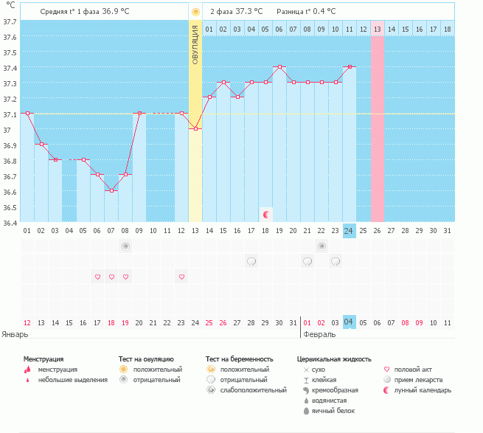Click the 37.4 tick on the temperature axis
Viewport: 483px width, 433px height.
tap(10, 68)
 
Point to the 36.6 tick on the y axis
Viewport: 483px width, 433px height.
tap(10, 192)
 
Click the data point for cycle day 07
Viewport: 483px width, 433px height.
tap(111, 191)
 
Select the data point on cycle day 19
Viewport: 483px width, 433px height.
tap(279, 66)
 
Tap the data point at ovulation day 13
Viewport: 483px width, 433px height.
tap(195, 128)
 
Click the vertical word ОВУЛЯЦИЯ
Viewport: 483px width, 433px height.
tap(195, 45)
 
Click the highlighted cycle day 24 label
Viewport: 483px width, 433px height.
tap(349, 231)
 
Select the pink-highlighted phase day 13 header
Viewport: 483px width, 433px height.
tap(378, 29)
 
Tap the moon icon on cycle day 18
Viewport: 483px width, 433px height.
tap(266, 215)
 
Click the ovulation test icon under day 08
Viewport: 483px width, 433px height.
tap(125, 246)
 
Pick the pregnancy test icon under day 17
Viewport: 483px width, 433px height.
tap(251, 261)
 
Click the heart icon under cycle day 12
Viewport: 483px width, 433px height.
tap(181, 277)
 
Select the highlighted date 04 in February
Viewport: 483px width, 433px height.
tap(349, 322)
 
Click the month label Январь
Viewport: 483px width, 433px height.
tap(15, 334)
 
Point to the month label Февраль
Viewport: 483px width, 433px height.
tap(319, 334)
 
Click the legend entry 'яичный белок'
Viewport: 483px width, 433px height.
tap(333, 411)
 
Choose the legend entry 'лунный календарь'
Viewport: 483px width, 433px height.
tap(423, 390)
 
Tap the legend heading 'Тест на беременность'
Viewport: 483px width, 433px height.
tap(240, 359)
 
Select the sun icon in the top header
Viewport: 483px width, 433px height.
tap(195, 12)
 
